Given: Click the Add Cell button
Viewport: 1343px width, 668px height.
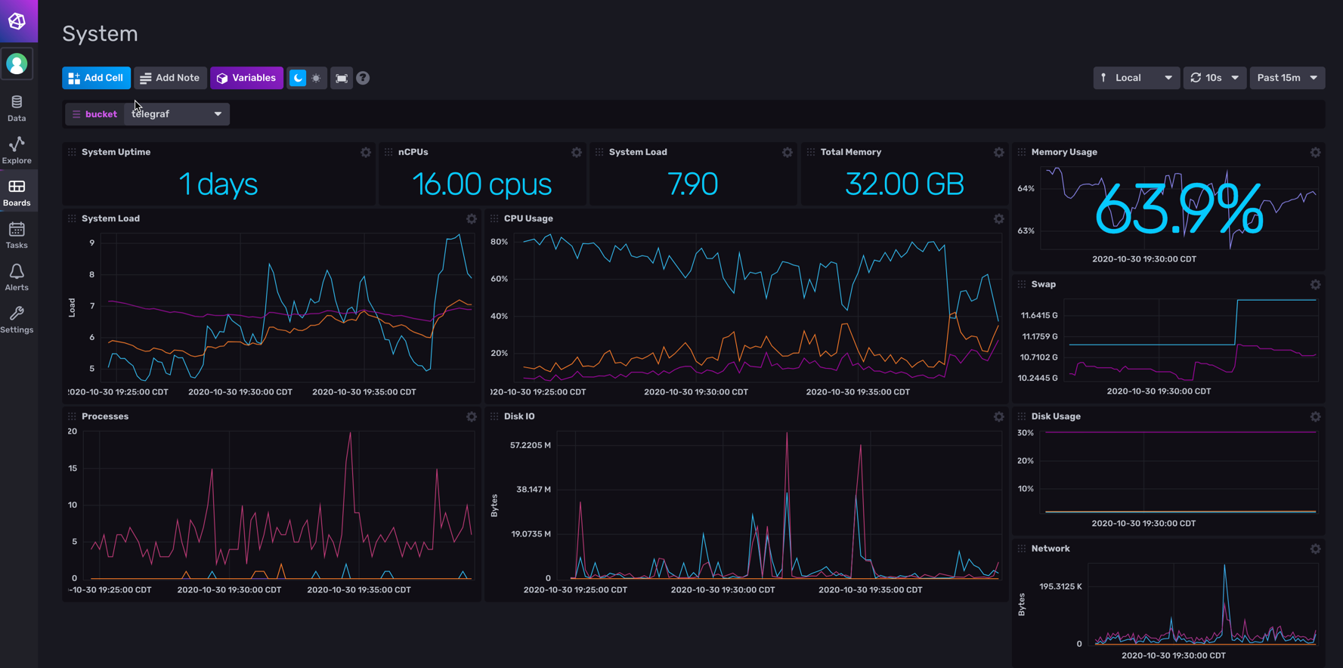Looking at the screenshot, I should [x=96, y=78].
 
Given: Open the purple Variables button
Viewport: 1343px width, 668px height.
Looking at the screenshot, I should [x=246, y=78].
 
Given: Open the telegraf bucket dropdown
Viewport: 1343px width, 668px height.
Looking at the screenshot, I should [x=177, y=114].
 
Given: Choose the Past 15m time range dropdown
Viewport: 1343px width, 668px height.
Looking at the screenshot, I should [x=1286, y=78].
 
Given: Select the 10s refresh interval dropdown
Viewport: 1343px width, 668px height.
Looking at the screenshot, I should [x=1214, y=78].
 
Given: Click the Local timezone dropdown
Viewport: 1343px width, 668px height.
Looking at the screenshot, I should [x=1135, y=78].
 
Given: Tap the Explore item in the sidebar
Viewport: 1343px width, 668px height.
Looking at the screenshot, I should [x=17, y=150].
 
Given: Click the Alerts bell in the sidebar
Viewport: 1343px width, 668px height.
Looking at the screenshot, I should [x=17, y=277].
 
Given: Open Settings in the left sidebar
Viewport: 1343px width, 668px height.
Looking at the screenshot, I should [x=17, y=319].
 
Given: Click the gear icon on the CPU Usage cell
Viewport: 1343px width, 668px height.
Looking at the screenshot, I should [x=998, y=218].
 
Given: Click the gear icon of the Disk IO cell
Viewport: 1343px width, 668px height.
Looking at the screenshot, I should [x=998, y=416].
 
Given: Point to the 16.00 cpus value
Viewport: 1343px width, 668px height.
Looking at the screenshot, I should [x=481, y=184].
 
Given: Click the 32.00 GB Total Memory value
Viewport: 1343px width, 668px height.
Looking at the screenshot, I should [x=904, y=184].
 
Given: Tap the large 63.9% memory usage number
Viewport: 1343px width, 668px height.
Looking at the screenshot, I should [x=1178, y=210].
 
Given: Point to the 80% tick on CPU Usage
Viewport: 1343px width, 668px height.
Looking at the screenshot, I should [x=499, y=242].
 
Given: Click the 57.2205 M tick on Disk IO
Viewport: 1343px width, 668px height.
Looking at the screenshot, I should [x=530, y=445].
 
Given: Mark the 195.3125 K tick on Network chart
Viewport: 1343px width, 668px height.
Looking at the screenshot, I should [x=1060, y=586].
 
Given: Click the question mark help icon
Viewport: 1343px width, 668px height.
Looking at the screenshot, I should [x=363, y=78].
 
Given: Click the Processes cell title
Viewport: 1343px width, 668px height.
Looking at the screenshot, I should [x=105, y=416].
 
